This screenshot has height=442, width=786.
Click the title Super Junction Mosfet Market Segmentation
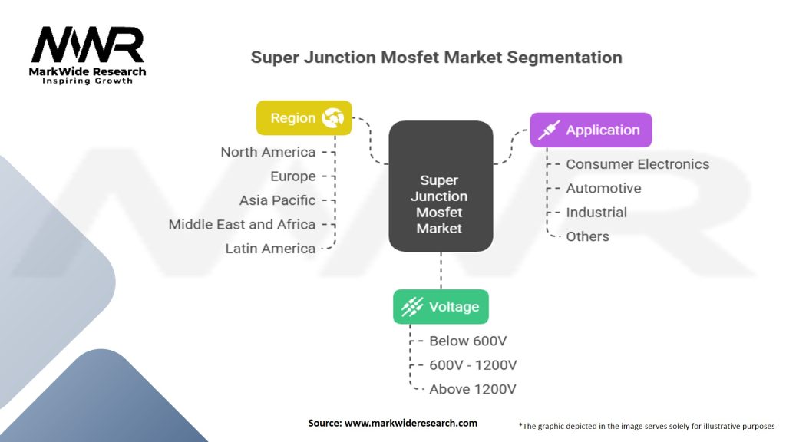click(436, 58)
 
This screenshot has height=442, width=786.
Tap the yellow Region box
click(304, 118)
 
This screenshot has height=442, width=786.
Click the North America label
click(268, 152)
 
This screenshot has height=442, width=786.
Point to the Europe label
click(292, 176)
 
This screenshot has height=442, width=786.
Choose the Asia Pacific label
click(277, 200)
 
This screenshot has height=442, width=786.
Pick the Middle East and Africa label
click(242, 224)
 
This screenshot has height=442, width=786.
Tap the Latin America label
click(270, 249)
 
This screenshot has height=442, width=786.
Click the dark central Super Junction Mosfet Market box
click(440, 186)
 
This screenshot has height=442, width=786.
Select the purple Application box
click(591, 130)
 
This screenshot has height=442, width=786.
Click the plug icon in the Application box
click(548, 130)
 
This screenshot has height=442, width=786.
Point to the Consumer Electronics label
click(637, 164)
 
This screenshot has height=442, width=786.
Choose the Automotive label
click(603, 188)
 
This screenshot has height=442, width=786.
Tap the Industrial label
click(596, 213)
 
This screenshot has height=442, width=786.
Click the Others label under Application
click(587, 236)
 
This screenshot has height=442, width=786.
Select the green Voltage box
click(441, 307)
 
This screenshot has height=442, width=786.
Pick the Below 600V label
click(468, 341)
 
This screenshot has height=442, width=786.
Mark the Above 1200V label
click(473, 389)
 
